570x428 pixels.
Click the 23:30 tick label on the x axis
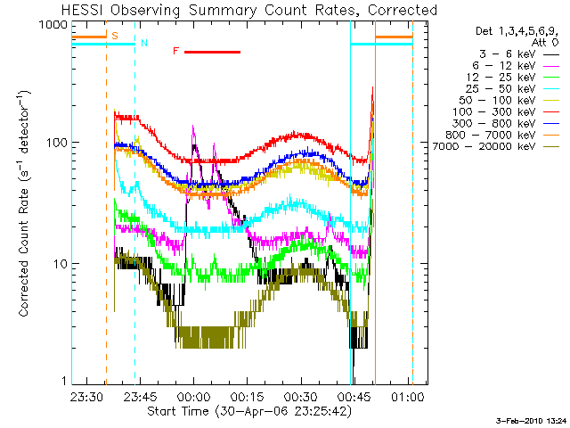coord(88,395)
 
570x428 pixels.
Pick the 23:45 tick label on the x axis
coord(142,395)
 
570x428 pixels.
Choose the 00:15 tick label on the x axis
coord(248,395)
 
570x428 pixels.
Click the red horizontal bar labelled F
coord(212,52)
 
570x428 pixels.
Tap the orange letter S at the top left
coord(114,35)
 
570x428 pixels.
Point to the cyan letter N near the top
coord(143,43)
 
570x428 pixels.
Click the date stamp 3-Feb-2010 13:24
coord(532,419)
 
